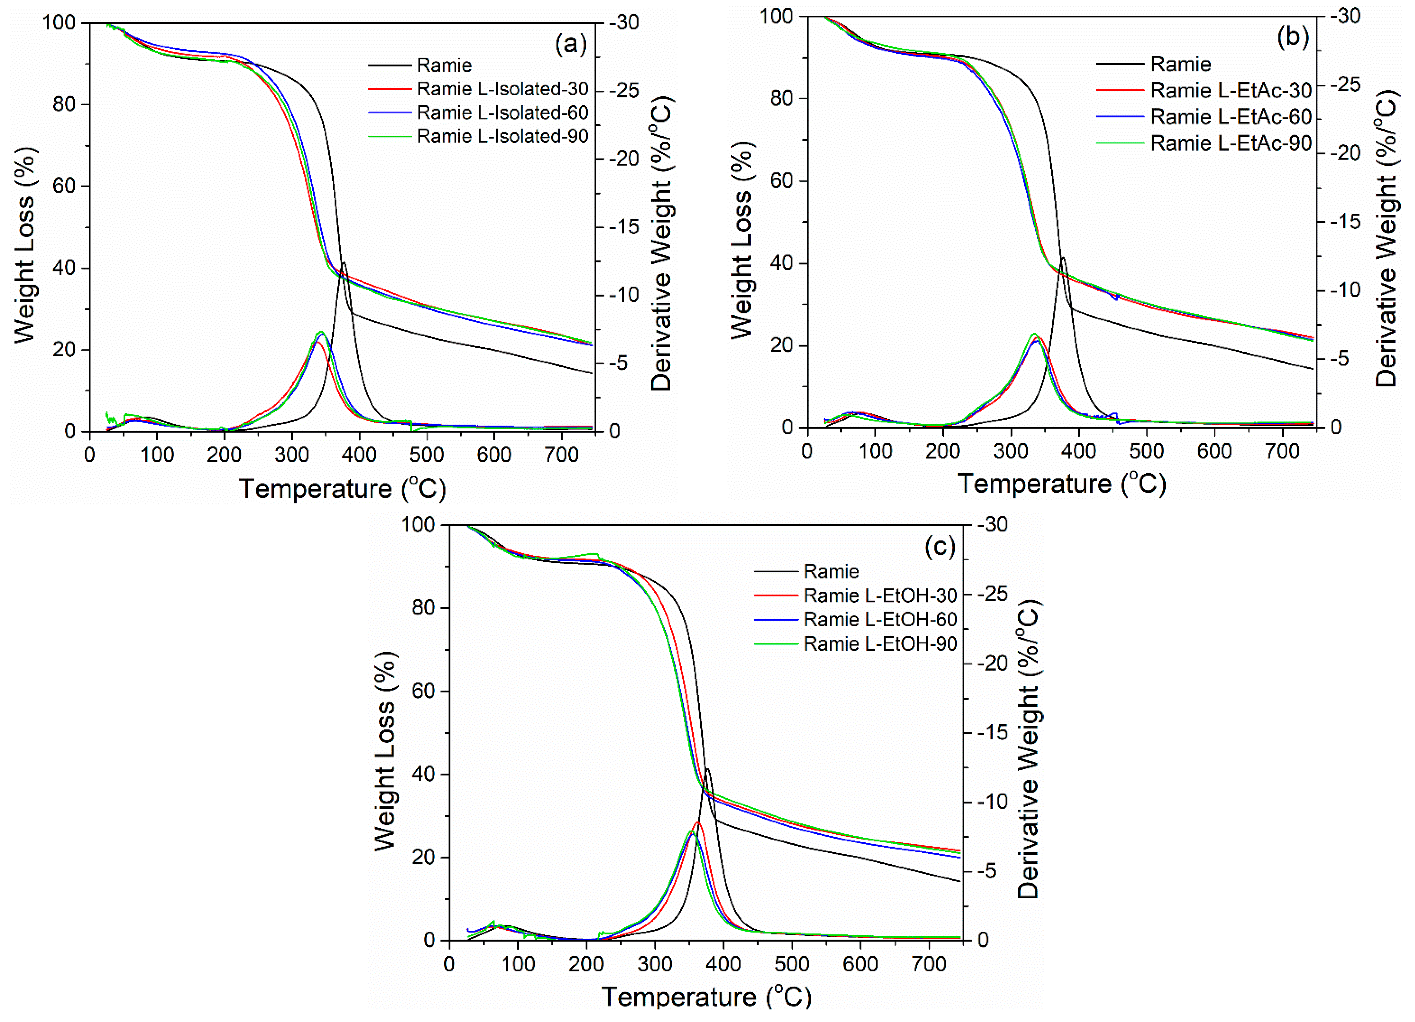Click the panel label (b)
(x=1292, y=37)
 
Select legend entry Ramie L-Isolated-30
(x=502, y=89)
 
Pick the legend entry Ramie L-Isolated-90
(x=502, y=136)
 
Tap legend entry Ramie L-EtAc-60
(x=1230, y=117)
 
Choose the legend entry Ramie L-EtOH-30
(x=880, y=596)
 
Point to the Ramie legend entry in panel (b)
(x=1181, y=64)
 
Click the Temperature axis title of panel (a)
(x=343, y=488)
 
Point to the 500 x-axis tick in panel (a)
(x=427, y=454)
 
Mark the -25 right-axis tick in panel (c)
(x=991, y=594)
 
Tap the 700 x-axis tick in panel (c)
(x=929, y=964)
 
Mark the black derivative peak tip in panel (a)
(x=343, y=263)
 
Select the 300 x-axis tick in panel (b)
(x=1011, y=451)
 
